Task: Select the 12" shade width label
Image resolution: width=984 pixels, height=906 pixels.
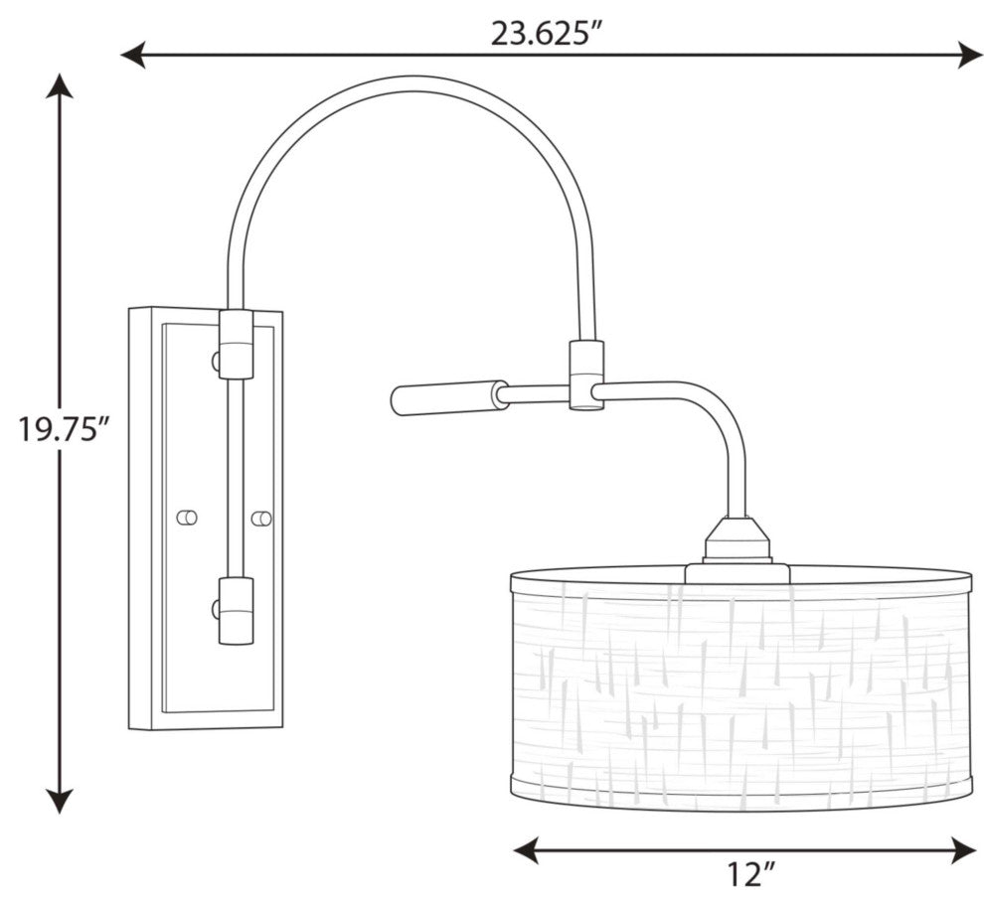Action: point(751,873)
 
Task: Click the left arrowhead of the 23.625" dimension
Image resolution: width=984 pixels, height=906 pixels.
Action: point(133,56)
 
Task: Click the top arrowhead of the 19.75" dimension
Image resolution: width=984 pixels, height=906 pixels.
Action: point(60,86)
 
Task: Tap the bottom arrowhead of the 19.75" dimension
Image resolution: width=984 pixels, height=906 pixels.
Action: point(60,800)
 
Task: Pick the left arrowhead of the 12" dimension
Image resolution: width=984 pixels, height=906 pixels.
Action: point(527,849)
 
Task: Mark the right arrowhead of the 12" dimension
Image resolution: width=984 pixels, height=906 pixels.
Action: point(963,849)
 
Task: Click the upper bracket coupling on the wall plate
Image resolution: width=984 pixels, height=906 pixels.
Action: point(236,344)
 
